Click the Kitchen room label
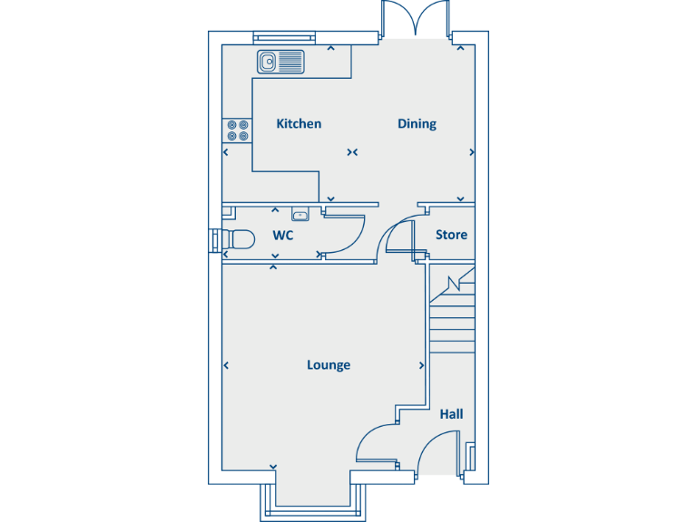(299, 124)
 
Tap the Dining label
(417, 124)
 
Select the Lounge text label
(329, 365)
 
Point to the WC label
(283, 236)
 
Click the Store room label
(451, 235)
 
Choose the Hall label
(451, 414)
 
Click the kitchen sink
(281, 62)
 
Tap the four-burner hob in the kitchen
(238, 130)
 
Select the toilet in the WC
(238, 239)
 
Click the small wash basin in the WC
(299, 215)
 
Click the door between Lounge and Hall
(376, 444)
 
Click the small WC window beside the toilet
(215, 239)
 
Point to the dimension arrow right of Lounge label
(422, 366)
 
